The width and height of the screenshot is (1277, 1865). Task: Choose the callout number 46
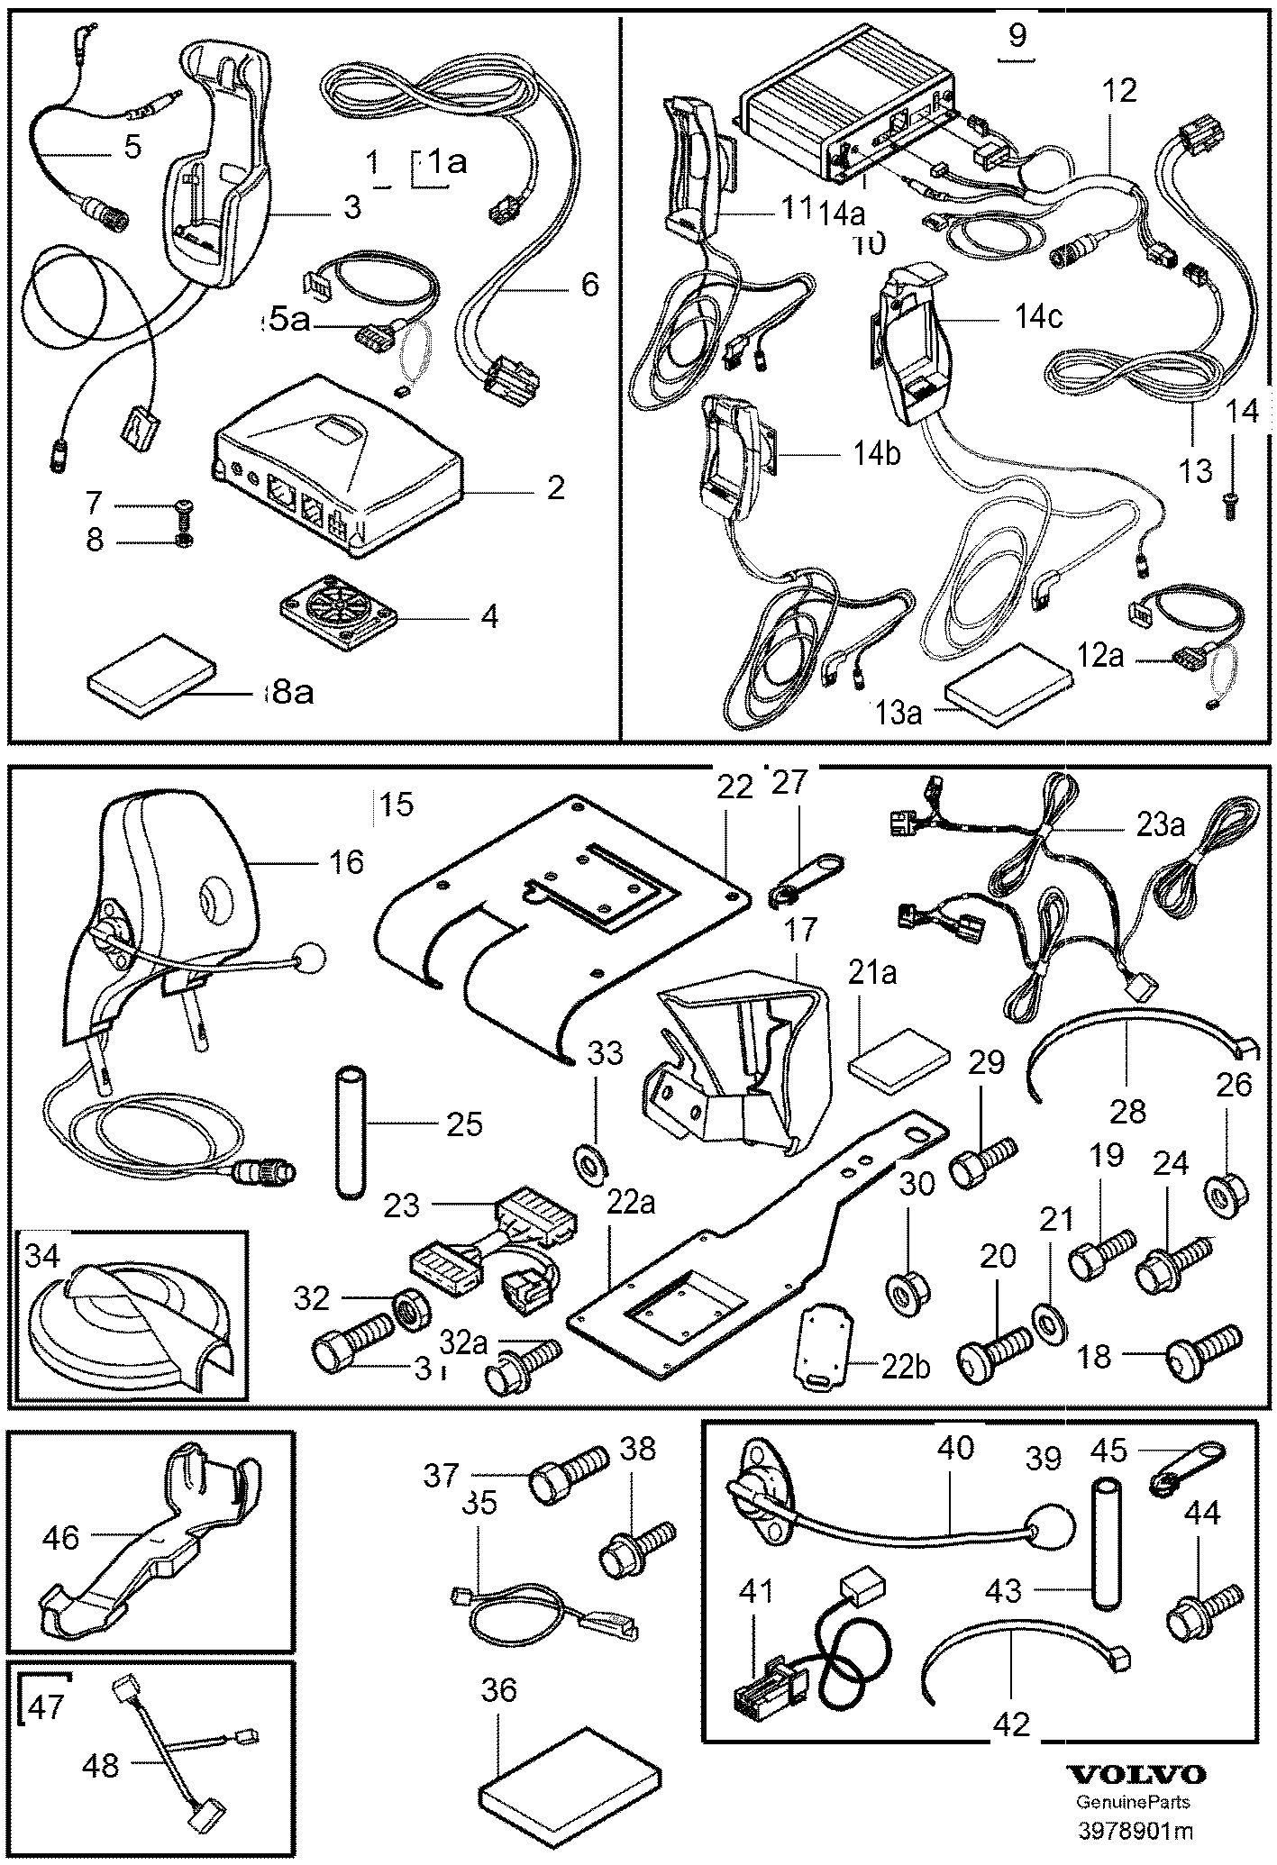[x=60, y=1538]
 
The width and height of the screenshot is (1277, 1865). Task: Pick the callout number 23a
[x=1159, y=826]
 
